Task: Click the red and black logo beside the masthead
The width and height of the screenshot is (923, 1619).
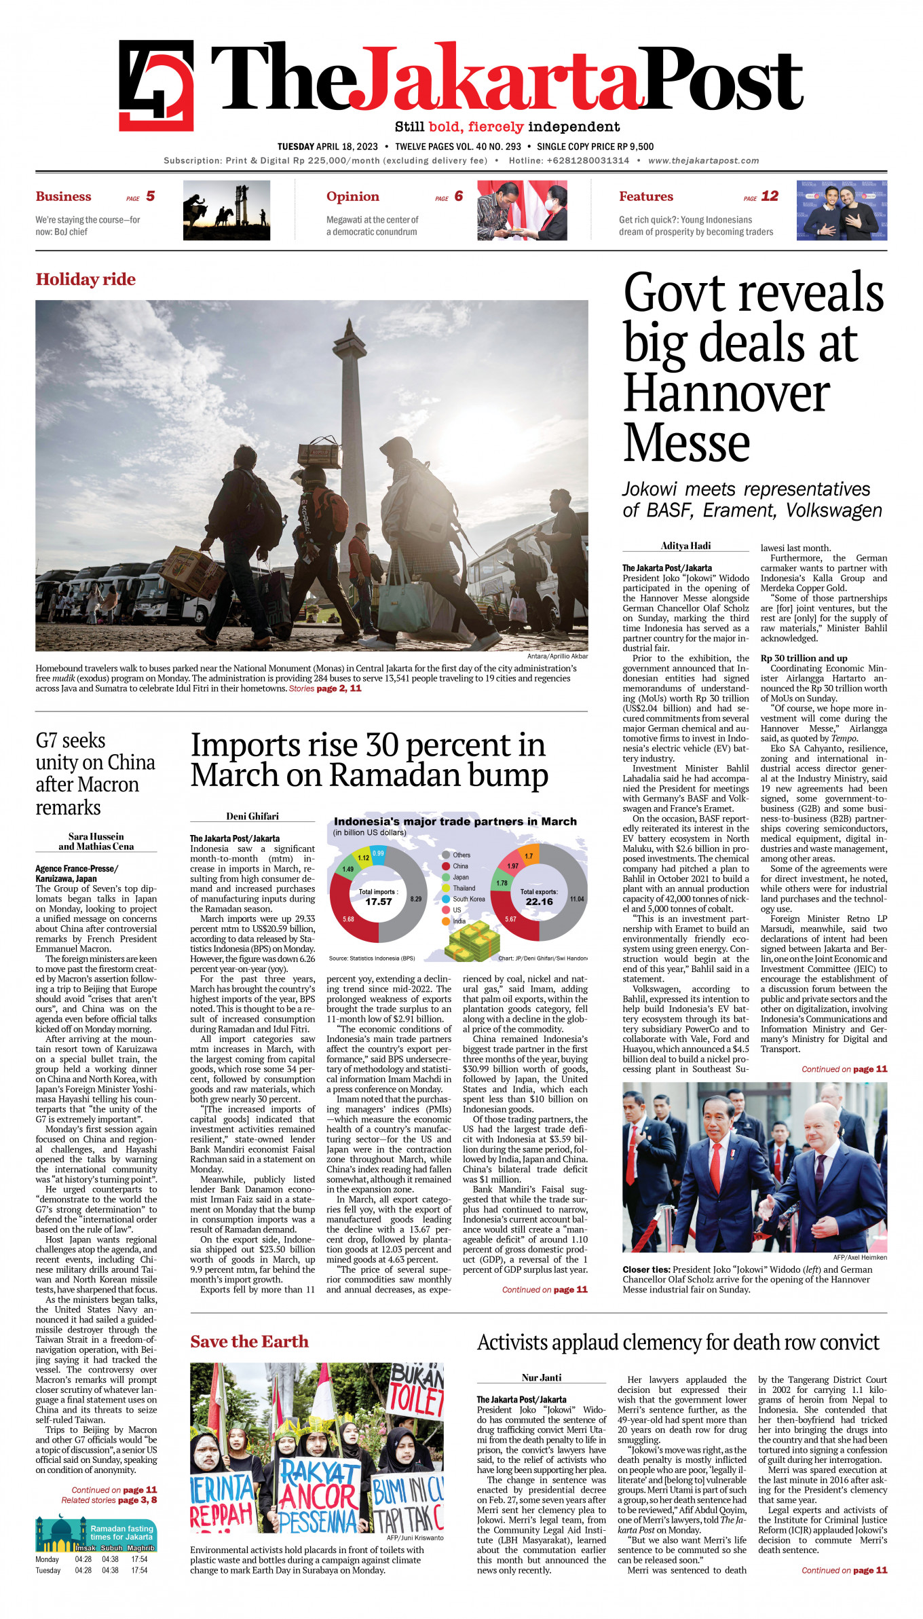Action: tap(156, 86)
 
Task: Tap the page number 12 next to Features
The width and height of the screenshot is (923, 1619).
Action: tap(770, 196)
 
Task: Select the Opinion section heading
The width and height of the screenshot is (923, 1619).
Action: tap(352, 196)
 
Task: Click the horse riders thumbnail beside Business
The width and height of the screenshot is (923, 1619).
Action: tap(226, 210)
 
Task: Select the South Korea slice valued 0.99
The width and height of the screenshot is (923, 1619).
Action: tap(378, 853)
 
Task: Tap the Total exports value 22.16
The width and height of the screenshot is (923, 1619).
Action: tap(539, 902)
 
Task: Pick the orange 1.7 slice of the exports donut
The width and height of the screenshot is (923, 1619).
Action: tap(529, 856)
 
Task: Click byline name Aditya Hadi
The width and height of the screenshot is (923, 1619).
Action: tap(685, 546)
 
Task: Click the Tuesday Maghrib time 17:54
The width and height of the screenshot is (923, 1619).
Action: tap(139, 1570)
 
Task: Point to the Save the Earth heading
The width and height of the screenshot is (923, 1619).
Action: tap(249, 1341)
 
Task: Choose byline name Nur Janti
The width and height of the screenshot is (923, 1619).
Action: tap(541, 1377)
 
